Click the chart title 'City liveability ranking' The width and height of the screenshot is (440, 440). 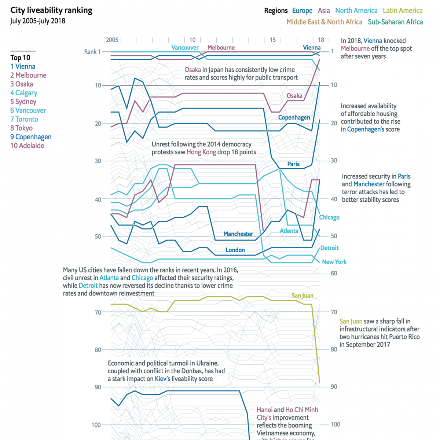tap(51, 10)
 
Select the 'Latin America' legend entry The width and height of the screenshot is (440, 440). tap(403, 11)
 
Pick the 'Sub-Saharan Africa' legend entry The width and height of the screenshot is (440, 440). tap(395, 22)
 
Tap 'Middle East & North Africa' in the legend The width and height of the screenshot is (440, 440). tap(324, 22)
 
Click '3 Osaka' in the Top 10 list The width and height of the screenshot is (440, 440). tap(22, 84)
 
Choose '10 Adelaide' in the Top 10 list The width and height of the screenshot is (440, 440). tap(27, 146)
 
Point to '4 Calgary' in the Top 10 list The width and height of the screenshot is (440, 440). tap(24, 93)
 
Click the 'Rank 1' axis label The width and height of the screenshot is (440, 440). tap(92, 52)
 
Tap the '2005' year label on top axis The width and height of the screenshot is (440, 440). tap(112, 40)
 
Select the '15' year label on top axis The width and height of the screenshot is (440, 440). tap(273, 40)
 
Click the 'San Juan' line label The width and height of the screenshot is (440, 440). tap(302, 296)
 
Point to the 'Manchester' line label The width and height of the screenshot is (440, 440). tap(238, 234)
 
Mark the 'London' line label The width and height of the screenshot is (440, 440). tap(235, 250)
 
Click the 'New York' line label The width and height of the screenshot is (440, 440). tap(334, 262)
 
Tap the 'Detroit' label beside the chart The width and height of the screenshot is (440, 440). tap(329, 248)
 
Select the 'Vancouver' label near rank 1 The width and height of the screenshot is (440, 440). tap(185, 48)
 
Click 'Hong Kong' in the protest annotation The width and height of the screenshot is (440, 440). tap(201, 152)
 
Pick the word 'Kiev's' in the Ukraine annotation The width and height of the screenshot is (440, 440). tap(162, 379)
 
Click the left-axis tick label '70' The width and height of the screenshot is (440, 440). tap(98, 313)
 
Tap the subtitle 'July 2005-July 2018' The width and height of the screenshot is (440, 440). tap(38, 21)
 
